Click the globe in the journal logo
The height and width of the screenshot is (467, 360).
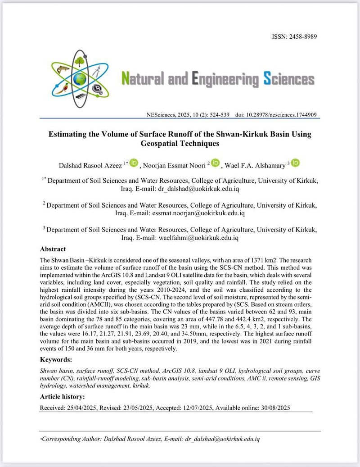80,79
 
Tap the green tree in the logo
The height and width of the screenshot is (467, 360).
80,59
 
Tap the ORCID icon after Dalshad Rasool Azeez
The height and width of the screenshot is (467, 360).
134,164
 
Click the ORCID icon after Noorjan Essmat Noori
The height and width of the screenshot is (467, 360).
215,164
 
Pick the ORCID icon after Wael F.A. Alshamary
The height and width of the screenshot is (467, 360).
295,164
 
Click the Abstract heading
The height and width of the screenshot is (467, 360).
53,249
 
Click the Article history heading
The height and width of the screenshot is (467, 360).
62,397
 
